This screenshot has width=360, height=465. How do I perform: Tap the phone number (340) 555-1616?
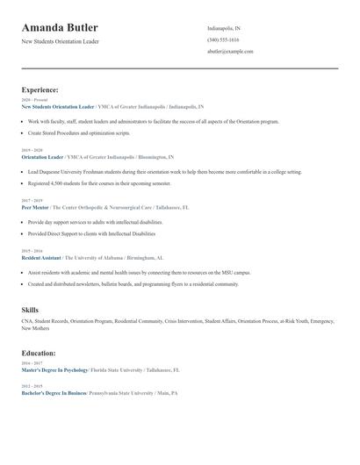pos(222,39)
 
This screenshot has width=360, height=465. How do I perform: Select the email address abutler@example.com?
pos(230,52)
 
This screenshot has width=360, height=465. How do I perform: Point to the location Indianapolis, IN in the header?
pos(224,28)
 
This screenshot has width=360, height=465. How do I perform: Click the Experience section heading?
pos(40,89)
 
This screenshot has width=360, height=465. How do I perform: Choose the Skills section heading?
pos(30,310)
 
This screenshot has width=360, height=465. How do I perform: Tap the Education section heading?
pos(39,353)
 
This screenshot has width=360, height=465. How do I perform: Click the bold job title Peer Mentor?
pos(35,207)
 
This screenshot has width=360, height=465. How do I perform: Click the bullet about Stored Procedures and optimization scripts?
pos(79,133)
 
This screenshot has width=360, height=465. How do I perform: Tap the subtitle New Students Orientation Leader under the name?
pos(60,41)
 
